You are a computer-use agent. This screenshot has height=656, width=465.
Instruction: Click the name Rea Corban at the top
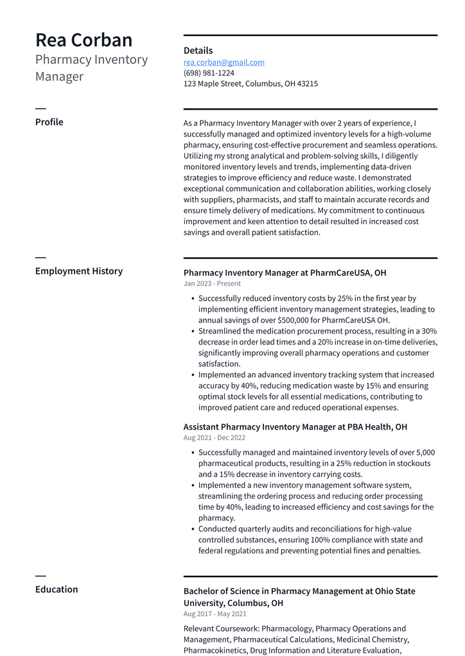83,40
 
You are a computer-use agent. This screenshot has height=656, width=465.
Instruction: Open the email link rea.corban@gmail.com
224,62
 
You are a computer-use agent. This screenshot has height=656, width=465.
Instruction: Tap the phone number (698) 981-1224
209,73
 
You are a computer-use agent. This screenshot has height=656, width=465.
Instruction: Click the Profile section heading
49,122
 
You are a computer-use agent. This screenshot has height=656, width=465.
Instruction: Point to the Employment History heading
78,271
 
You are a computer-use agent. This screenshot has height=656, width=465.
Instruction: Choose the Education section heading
57,589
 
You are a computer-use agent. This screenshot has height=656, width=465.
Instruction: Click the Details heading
198,51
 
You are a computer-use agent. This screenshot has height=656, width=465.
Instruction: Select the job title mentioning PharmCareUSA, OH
285,273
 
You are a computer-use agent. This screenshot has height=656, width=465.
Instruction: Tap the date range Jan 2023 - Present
212,283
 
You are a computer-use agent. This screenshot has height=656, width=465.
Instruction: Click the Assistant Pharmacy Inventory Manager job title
295,426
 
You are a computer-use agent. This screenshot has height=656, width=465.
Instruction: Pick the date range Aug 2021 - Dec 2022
215,438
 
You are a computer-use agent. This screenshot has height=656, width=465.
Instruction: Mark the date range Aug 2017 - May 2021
215,614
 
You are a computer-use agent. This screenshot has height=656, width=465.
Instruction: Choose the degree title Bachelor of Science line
299,591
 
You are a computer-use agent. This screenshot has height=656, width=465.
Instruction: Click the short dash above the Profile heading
40,108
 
